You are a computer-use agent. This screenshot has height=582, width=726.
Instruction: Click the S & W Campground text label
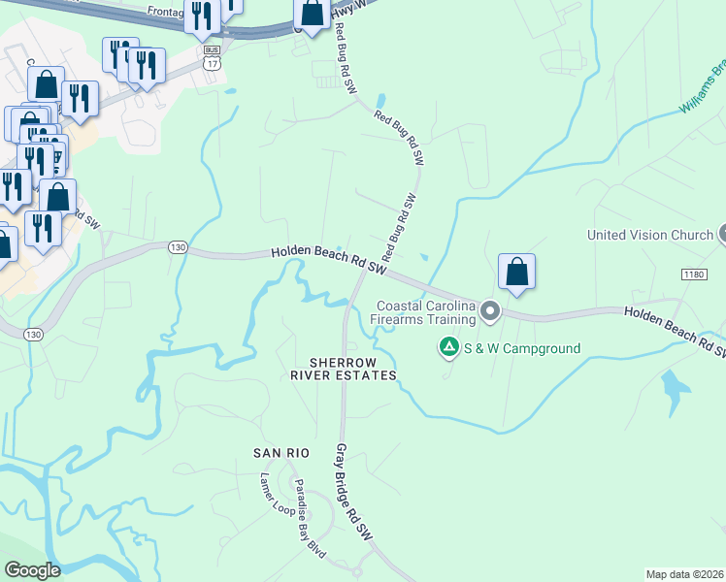[521, 348]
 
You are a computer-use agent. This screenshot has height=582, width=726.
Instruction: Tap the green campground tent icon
[448, 346]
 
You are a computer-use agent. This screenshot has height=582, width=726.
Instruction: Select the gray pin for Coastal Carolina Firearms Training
[490, 311]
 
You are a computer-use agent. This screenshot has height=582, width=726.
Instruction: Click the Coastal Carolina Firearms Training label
[426, 312]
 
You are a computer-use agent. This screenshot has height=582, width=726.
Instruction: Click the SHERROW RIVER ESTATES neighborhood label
[352, 369]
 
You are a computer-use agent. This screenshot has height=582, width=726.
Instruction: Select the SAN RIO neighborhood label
[280, 453]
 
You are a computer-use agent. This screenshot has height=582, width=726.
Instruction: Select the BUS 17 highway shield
[213, 56]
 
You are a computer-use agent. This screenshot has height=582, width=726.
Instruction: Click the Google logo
[32, 570]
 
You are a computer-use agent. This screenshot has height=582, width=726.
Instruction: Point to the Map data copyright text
[684, 573]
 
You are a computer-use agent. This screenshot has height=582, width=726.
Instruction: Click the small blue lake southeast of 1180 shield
[672, 387]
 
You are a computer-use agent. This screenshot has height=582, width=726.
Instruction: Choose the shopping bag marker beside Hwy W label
[312, 14]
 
